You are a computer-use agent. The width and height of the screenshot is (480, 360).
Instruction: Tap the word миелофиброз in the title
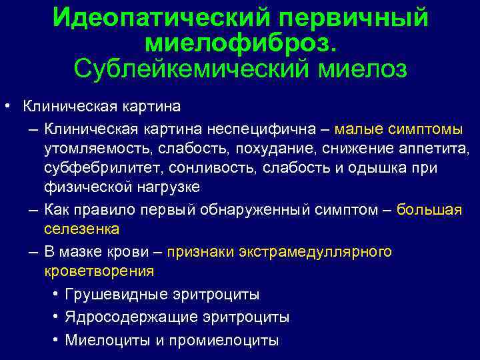[241, 43]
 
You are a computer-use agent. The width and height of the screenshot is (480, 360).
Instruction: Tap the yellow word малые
[361, 127]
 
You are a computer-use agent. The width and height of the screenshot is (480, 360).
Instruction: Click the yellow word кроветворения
[98, 271]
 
